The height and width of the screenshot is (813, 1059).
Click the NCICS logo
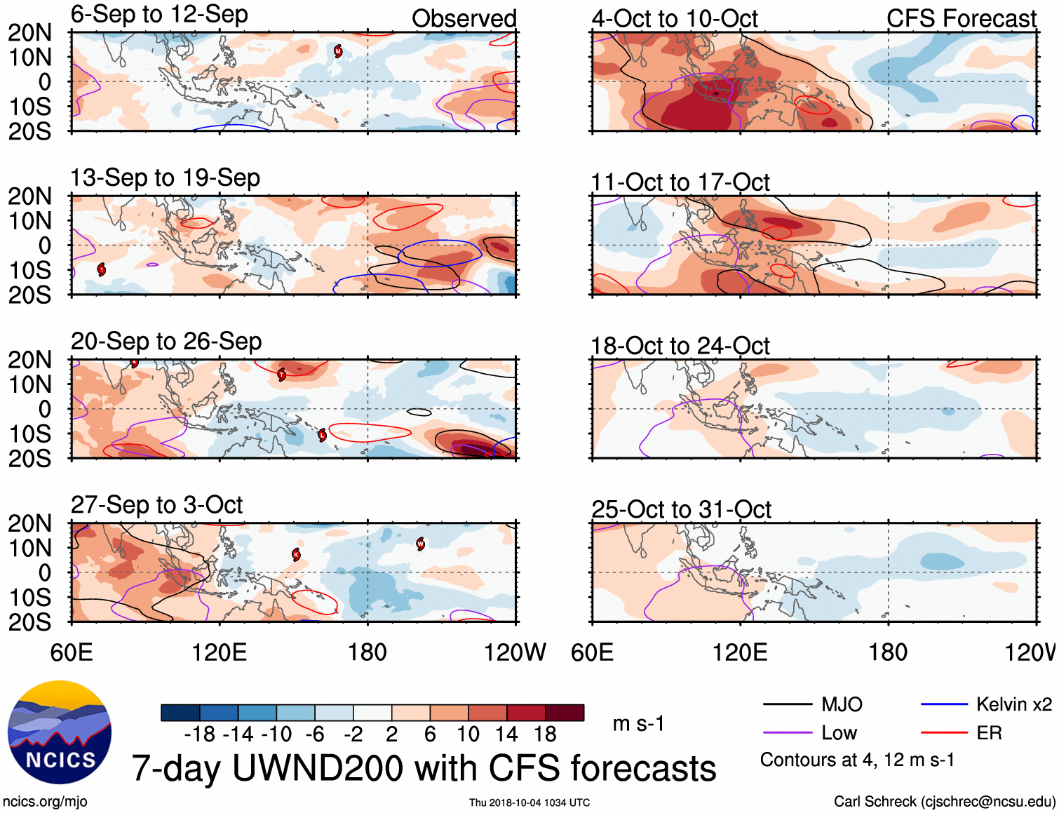coord(60,732)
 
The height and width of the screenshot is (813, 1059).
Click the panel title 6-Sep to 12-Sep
coord(159,15)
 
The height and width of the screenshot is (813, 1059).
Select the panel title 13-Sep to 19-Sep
coord(165,178)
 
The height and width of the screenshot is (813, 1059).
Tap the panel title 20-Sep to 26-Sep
coord(166,342)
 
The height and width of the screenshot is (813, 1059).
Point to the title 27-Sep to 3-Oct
coord(156,505)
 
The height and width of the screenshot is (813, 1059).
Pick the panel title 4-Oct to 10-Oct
coord(675,19)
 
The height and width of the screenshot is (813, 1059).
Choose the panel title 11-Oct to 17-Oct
coord(680,182)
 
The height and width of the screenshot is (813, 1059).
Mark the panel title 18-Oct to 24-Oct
coord(680,346)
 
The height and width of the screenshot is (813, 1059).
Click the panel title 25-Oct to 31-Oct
coord(681,509)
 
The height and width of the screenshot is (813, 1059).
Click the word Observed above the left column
coord(464,19)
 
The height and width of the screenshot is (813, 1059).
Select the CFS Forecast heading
coord(961,19)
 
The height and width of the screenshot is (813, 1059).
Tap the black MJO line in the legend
coord(787,704)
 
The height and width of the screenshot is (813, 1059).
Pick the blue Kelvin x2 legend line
coord(944,704)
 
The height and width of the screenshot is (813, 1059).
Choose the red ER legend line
coord(944,733)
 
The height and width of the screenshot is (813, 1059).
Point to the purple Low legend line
coord(787,733)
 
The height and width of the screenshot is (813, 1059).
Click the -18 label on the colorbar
coord(199,734)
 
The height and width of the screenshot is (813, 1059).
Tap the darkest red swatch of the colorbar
coord(565,713)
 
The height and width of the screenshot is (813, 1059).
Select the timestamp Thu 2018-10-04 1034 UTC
coord(529,802)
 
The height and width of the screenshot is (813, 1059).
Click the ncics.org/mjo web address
coord(45,802)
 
